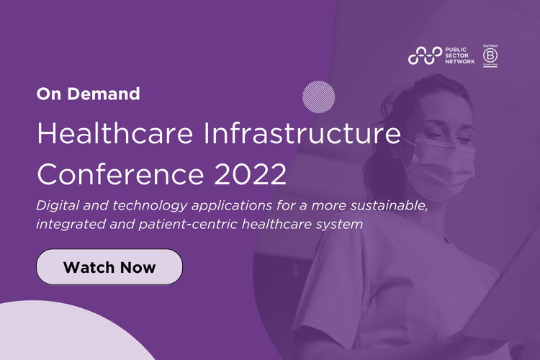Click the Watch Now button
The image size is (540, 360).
(109, 267)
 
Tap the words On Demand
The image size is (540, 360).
(88, 93)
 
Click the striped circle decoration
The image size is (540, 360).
(319, 96)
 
